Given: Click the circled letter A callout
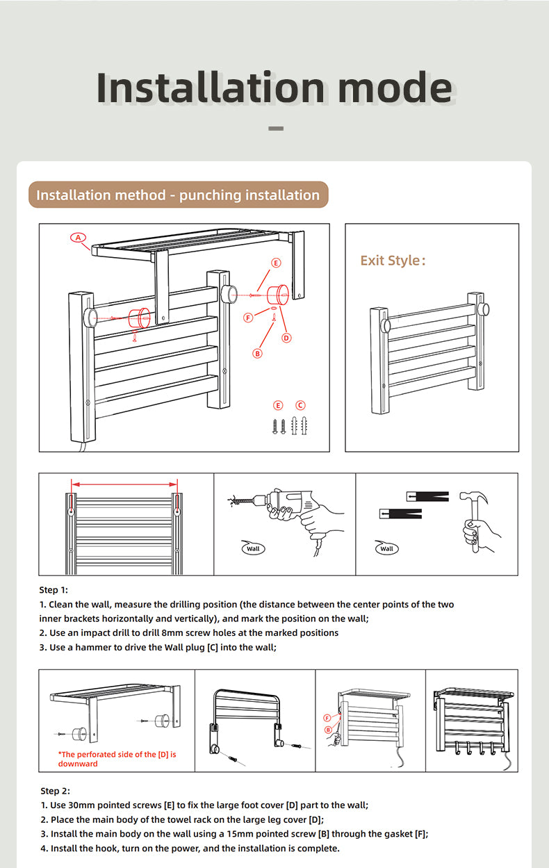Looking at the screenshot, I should coord(78,237).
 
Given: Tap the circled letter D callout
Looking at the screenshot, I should coord(286,338).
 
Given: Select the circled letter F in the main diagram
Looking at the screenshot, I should coord(248,318).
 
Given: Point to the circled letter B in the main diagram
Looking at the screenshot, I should coord(257,353).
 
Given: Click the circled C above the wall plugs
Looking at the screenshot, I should coord(300,405).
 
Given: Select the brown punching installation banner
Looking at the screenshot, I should coord(178,195).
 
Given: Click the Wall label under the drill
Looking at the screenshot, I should coord(253,548).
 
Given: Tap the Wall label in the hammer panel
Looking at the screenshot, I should coord(386,548).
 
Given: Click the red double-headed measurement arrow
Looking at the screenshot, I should coord(125,484).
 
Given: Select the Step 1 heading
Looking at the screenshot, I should coord(54,590).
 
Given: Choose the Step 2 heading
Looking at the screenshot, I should coord(55,791).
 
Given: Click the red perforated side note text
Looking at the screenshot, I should coord(117,759).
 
